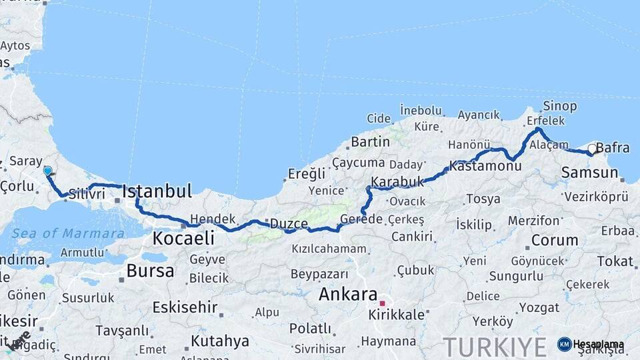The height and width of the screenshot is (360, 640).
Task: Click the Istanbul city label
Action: (x=157, y=191)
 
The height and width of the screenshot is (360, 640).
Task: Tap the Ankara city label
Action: (x=347, y=294)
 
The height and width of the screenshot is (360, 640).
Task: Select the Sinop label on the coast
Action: (x=559, y=106)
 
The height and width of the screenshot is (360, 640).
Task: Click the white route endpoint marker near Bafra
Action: (x=591, y=149)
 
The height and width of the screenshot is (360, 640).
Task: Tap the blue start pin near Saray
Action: (x=47, y=171)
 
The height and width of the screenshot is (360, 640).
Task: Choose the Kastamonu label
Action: (x=485, y=166)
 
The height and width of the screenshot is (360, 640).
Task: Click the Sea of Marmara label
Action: (x=68, y=233)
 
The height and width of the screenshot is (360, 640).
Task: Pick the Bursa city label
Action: (x=150, y=271)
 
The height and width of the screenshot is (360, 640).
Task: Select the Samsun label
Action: (x=590, y=173)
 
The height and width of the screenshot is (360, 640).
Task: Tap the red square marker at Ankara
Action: (x=383, y=303)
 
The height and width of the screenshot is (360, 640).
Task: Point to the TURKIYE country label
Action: (x=495, y=347)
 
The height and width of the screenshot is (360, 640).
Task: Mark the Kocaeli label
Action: (x=183, y=238)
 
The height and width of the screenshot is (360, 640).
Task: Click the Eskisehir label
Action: (x=185, y=307)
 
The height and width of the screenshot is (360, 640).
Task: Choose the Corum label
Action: (x=555, y=240)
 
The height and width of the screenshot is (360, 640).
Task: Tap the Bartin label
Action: (x=370, y=141)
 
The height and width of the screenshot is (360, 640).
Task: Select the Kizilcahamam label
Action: (x=329, y=249)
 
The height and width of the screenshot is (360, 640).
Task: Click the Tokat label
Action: (x=615, y=261)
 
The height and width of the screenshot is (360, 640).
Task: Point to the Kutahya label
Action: (x=219, y=341)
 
